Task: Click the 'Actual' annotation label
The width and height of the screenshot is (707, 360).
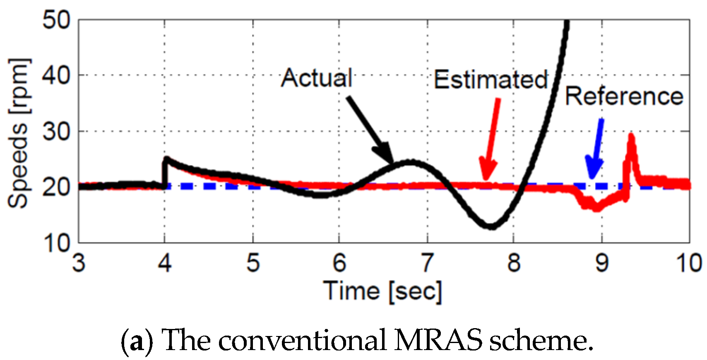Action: point(317,78)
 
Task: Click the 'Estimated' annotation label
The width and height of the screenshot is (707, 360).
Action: point(491,79)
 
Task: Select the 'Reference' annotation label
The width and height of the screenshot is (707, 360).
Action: point(624,96)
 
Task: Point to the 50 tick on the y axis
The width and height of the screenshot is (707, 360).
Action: point(57,20)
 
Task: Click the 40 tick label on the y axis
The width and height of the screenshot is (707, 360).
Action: point(57,76)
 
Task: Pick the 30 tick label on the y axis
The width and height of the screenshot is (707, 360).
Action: point(57,132)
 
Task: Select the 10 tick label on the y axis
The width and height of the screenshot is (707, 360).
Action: point(57,243)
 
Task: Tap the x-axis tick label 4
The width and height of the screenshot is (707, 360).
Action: point(165,263)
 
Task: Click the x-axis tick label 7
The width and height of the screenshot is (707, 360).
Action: point(427,263)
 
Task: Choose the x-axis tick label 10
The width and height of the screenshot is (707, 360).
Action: point(689,263)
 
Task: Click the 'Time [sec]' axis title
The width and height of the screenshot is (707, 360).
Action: point(382,290)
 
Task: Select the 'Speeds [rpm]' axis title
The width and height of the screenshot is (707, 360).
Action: point(19,132)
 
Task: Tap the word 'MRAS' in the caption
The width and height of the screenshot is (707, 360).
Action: point(438,341)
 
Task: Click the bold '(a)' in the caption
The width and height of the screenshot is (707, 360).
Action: point(137,341)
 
